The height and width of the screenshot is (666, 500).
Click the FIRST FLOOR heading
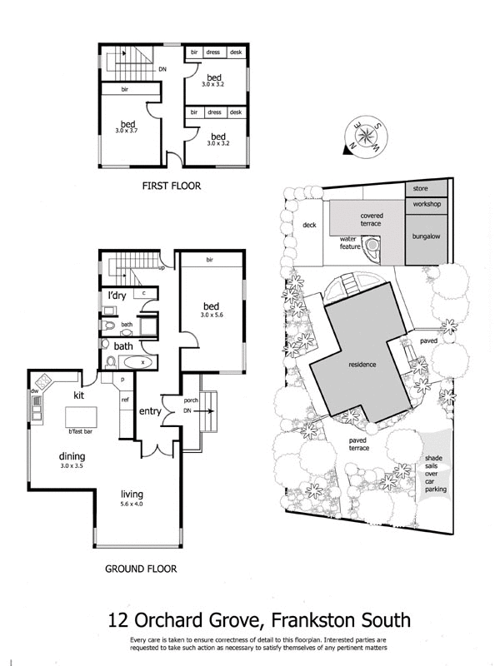click(172, 186)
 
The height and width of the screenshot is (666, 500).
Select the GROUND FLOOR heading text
click(141, 570)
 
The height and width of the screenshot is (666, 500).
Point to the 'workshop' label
click(426, 204)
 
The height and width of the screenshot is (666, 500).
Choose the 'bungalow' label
click(426, 236)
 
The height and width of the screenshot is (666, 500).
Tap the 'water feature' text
click(348, 243)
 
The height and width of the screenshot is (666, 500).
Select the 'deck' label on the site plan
click(309, 225)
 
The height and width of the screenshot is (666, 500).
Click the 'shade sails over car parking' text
click(435, 474)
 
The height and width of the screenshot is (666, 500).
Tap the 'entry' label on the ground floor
click(150, 411)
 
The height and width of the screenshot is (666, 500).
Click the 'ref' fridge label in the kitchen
click(125, 400)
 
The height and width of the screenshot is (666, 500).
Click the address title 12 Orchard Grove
click(259, 619)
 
